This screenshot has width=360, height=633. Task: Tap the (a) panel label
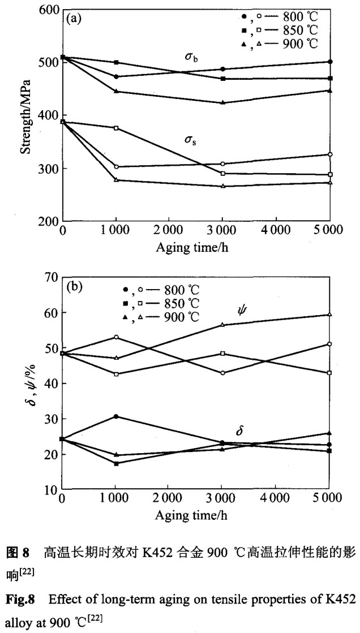[75, 19]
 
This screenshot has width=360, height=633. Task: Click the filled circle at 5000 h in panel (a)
[331, 62]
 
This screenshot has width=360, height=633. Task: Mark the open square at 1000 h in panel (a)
[116, 128]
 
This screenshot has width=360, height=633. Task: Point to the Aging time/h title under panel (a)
[195, 247]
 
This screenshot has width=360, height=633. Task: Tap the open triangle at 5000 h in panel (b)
[331, 315]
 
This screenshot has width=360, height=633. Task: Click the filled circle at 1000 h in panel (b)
[116, 416]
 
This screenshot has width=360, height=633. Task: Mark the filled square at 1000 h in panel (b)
[116, 464]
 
